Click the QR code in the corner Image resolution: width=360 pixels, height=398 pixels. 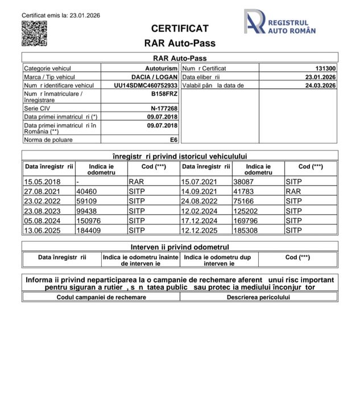click(34, 33)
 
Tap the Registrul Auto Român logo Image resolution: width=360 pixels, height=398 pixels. click(279, 25)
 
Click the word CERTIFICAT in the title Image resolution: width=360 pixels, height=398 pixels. click(180, 28)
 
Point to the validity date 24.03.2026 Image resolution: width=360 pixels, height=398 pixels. click(320, 85)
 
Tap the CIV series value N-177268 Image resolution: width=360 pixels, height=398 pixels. click(164, 108)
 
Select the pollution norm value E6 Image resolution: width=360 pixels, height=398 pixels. click(173, 138)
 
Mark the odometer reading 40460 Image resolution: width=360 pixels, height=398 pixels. click(86, 191)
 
